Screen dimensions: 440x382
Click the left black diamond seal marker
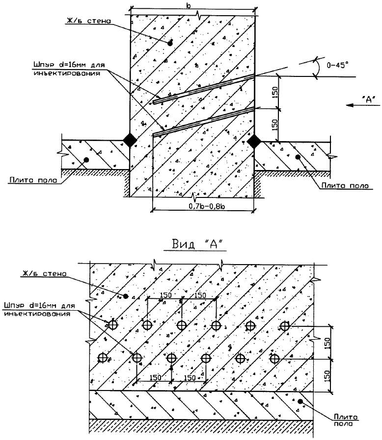pyautogui.click(x=130, y=140)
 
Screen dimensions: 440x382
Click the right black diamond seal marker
pyautogui.click(x=254, y=141)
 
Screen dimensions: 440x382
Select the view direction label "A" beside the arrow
pyautogui.click(x=368, y=99)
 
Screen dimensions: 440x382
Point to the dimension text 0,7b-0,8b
pyautogui.click(x=203, y=207)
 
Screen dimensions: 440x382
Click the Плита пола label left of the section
pyautogui.click(x=33, y=180)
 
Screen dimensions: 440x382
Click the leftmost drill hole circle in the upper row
pyautogui.click(x=113, y=325)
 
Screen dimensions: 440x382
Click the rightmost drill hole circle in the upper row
pyautogui.click(x=284, y=325)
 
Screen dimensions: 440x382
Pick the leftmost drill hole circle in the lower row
pyautogui.click(x=103, y=358)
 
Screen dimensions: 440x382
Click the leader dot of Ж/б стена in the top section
pyautogui.click(x=170, y=43)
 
